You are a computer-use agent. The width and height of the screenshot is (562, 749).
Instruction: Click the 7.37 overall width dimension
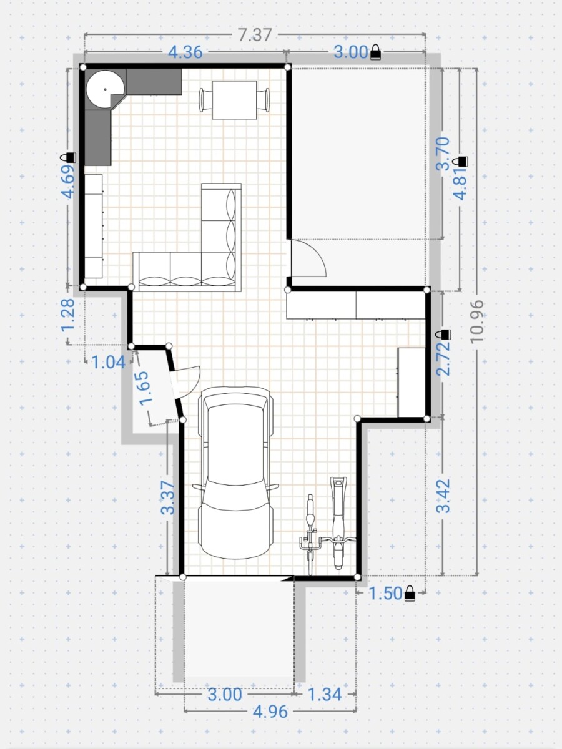(x=255, y=35)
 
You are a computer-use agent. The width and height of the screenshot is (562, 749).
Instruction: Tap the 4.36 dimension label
(x=185, y=52)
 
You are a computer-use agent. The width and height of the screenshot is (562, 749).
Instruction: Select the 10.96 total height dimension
(x=476, y=321)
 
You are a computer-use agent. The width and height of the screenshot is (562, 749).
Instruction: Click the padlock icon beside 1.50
(x=410, y=593)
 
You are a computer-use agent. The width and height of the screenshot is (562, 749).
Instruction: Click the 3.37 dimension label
(x=168, y=497)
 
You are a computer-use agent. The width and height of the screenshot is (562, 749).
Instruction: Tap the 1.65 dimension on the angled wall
(x=144, y=388)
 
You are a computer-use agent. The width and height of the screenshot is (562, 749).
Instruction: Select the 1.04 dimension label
(x=109, y=362)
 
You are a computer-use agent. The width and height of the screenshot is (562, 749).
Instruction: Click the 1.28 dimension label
(x=67, y=315)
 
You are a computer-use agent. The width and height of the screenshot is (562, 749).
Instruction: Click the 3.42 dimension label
(x=443, y=496)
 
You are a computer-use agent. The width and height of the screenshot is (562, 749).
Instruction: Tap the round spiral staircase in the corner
(x=104, y=90)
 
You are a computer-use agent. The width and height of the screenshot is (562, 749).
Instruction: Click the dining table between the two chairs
(x=234, y=100)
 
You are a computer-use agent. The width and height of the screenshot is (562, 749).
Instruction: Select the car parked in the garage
(x=235, y=472)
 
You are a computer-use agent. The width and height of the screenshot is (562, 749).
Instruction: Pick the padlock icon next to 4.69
(x=68, y=157)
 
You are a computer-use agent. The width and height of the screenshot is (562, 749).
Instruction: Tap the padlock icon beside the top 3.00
(x=375, y=52)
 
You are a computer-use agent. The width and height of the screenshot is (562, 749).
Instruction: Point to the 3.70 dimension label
(x=443, y=154)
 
